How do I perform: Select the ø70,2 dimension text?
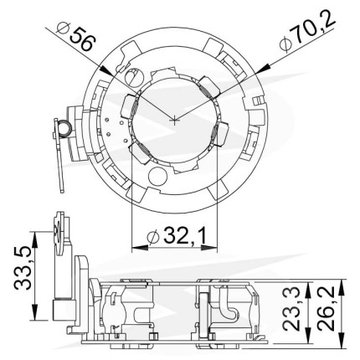coord(307,31)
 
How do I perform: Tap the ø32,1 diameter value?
coord(177,236)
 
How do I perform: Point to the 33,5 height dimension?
coord(23,267)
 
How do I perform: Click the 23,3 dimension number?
coord(291,308)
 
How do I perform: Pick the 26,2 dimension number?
coord(326,308)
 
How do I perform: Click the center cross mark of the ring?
coord(174,120)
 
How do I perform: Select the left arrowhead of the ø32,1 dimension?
coord(139,248)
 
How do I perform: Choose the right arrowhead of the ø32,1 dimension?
coord(209,248)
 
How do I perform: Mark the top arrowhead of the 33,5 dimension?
coord(34,239)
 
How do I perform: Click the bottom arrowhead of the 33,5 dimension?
coord(34,312)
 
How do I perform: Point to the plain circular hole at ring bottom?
coord(157,177)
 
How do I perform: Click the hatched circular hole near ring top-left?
coord(133,77)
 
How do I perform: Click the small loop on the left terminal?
coord(65,129)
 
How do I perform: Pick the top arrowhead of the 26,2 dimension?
coord(342,287)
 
